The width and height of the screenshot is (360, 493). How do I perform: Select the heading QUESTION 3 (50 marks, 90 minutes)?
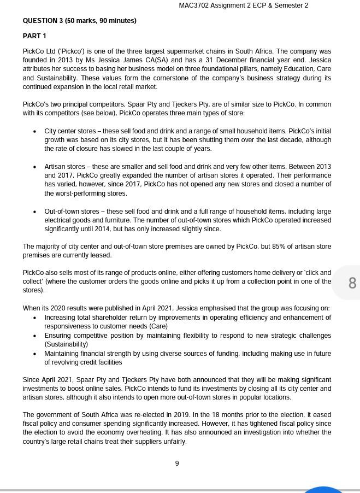coord(79,21)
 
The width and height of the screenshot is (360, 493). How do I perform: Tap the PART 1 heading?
coord(34,36)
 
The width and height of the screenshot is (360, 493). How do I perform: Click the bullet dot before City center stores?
coord(35,132)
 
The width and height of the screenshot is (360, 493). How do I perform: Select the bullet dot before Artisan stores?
coord(35,167)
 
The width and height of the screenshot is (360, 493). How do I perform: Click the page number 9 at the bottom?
coord(177,463)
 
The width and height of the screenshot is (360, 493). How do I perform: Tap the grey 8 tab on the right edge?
coord(352,283)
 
